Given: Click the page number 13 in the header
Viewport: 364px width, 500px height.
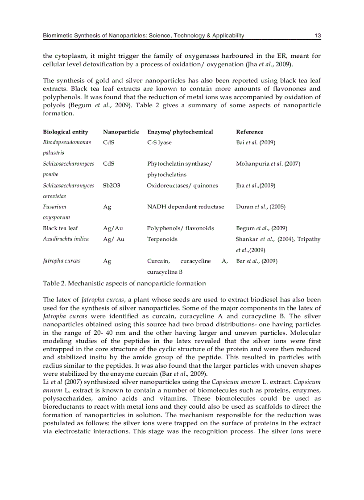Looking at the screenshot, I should pyautogui.click(x=318, y=36).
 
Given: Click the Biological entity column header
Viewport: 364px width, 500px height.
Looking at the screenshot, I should pyautogui.click(x=66, y=132).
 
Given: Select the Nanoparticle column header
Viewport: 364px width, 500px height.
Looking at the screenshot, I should pyautogui.click(x=121, y=132).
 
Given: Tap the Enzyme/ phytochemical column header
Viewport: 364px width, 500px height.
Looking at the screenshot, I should pyautogui.click(x=180, y=132).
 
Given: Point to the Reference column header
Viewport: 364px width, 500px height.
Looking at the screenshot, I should pyautogui.click(x=249, y=132).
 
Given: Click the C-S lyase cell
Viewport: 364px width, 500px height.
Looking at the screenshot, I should pyautogui.click(x=159, y=142).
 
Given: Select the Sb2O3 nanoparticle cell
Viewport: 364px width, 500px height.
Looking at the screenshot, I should pyautogui.click(x=112, y=185).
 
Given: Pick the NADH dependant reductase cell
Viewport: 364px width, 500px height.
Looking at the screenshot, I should pyautogui.click(x=186, y=207).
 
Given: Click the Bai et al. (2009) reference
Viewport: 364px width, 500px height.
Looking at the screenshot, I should pyautogui.click(x=255, y=142).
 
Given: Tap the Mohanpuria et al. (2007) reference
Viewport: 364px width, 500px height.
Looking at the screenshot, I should pyautogui.click(x=268, y=164).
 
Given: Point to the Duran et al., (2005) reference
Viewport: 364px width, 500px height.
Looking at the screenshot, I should pyautogui.click(x=261, y=207).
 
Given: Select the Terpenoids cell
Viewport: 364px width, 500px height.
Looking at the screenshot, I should pyautogui.click(x=162, y=239).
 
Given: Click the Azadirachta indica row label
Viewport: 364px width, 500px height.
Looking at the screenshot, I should pyautogui.click(x=66, y=239).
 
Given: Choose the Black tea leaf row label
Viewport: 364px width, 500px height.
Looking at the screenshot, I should pyautogui.click(x=60, y=228).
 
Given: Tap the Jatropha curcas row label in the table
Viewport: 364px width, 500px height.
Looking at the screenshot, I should pyautogui.click(x=62, y=261).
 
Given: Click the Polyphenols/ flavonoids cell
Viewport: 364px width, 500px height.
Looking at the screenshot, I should pyautogui.click(x=180, y=228).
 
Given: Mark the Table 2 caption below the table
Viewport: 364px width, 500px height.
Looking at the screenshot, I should pyautogui.click(x=124, y=283).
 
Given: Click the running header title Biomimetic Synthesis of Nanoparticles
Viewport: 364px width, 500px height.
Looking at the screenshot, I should pyautogui.click(x=143, y=36).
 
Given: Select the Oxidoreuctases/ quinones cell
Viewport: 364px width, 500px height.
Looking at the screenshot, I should pyautogui.click(x=182, y=185).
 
